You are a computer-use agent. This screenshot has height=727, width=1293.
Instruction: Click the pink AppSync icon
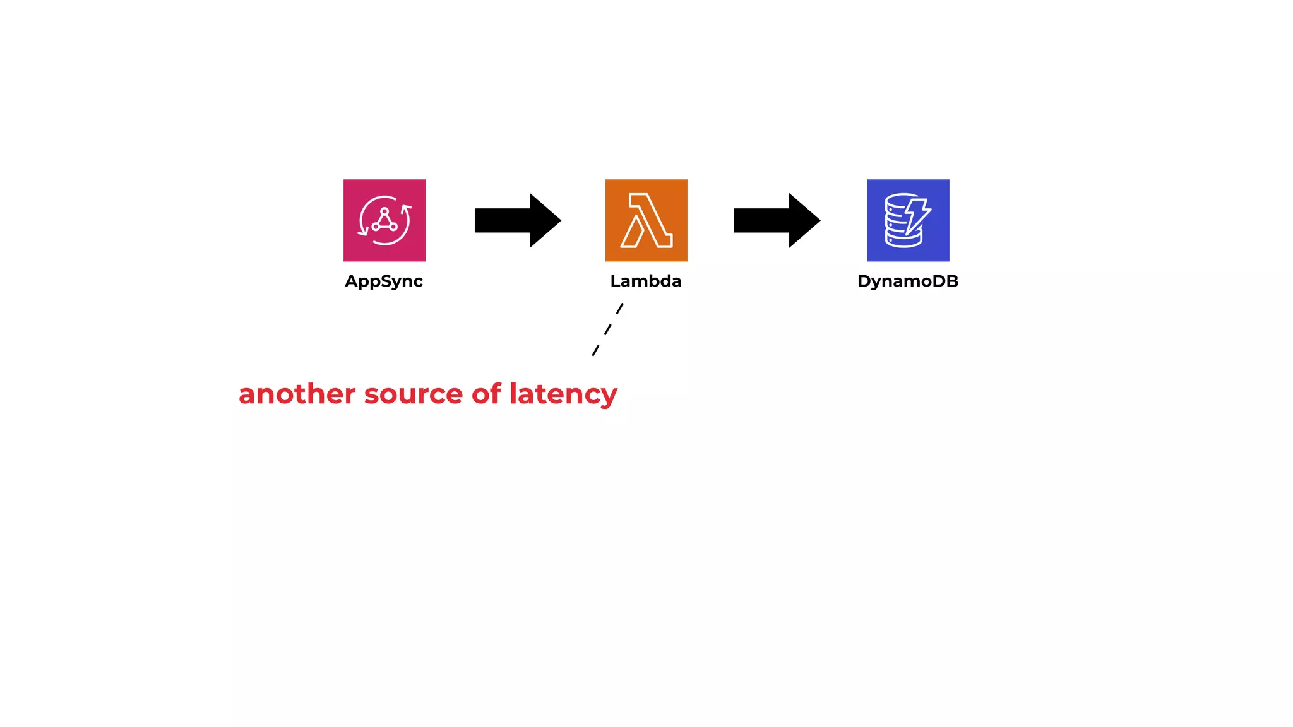(384, 220)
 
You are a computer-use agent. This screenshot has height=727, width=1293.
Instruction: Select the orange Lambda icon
(646, 220)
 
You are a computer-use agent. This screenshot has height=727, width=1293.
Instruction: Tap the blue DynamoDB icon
(908, 220)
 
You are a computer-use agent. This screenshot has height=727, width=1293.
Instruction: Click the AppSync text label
(384, 281)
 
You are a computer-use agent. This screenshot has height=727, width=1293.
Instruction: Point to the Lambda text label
(646, 281)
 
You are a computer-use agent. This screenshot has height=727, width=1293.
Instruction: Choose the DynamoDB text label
(908, 281)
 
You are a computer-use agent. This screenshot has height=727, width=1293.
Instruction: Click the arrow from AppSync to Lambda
(511, 220)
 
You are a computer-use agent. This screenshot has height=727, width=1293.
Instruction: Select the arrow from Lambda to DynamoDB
(770, 220)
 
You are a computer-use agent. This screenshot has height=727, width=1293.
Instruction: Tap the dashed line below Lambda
(607, 329)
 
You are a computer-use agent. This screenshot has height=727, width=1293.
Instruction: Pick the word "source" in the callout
(414, 394)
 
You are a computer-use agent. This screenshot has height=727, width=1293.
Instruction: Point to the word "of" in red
(486, 394)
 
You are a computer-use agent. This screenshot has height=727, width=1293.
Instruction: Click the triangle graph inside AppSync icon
(384, 221)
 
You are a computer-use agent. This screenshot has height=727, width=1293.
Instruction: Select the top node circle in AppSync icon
(384, 211)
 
